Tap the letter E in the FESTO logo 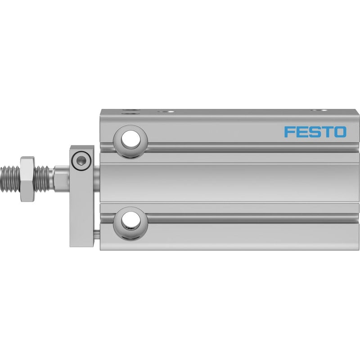[x=301, y=132]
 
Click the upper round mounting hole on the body [x=130, y=139]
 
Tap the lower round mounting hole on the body [x=130, y=221]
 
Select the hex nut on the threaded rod [x=27, y=179]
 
